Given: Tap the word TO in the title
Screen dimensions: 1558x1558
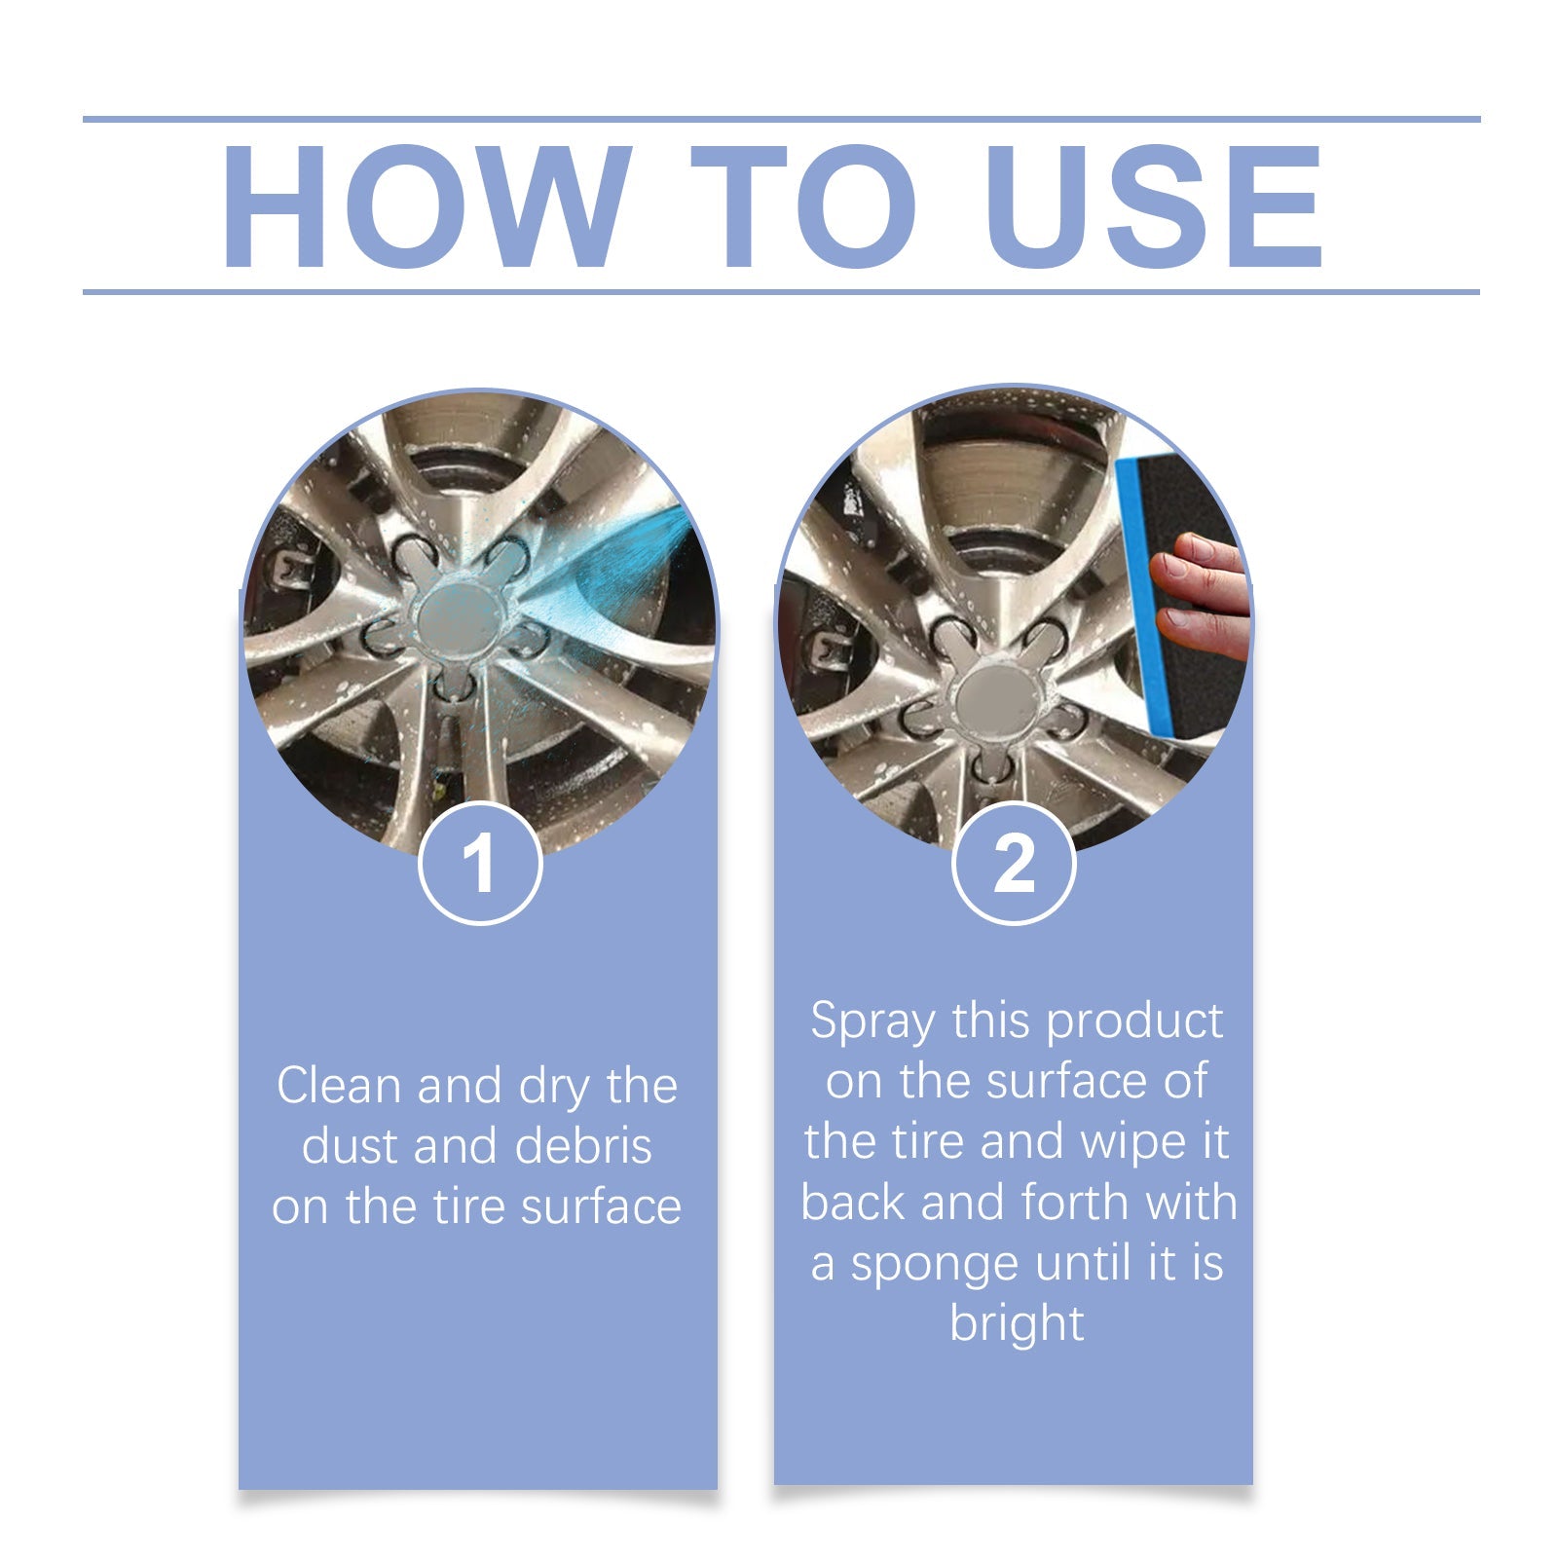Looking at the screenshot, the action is pyautogui.click(x=803, y=205).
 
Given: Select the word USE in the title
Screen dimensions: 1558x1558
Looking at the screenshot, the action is pyautogui.click(x=1154, y=205).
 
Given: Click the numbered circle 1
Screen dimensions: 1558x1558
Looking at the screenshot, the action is pyautogui.click(x=480, y=863).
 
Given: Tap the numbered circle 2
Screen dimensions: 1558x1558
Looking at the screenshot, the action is pyautogui.click(x=1014, y=863).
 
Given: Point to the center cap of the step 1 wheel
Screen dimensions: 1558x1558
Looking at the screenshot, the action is pyautogui.click(x=458, y=618).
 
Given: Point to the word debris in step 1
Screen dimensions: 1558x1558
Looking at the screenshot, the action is pyautogui.click(x=583, y=1145).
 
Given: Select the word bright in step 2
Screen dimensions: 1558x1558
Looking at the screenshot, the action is pyautogui.click(x=1017, y=1325).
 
